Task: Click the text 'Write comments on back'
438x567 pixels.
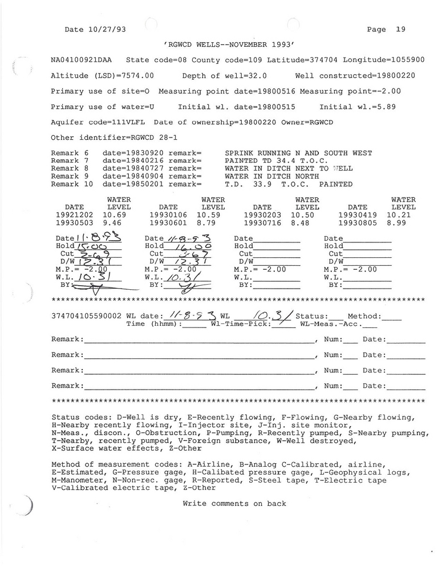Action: click(x=234, y=504)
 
